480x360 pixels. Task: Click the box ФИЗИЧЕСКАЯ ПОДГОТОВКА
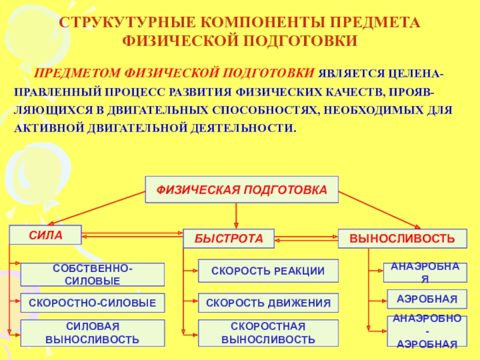point(242,190)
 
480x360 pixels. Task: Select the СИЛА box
point(46,235)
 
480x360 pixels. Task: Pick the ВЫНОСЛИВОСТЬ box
point(402,238)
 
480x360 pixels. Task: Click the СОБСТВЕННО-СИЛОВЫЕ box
point(92,274)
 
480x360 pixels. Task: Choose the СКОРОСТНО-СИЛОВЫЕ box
point(92,304)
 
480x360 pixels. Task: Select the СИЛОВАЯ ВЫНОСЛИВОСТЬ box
point(92,333)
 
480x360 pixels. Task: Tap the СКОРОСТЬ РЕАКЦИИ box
point(268,271)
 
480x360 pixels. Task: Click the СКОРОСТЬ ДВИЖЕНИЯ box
point(268,303)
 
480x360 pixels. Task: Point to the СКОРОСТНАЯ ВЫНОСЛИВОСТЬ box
point(268,333)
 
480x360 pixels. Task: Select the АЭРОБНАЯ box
point(426,299)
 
